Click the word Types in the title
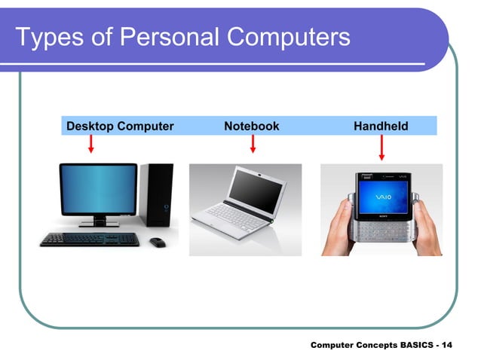[47, 36]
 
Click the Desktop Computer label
[120, 126]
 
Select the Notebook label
[251, 126]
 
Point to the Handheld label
[381, 126]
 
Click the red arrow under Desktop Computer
[90, 145]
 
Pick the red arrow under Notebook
[253, 145]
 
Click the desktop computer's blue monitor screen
[98, 188]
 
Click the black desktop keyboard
[90, 239]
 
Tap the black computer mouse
[157, 242]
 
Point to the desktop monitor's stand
[99, 221]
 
